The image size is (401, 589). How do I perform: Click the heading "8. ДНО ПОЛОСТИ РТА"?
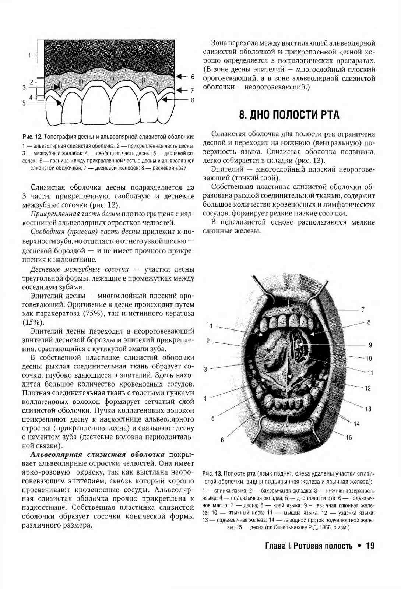tap(289, 115)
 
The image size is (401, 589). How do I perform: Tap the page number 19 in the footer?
tap(370, 546)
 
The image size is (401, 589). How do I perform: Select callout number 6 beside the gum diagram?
tap(192, 77)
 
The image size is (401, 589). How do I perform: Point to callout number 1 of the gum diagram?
tap(29, 56)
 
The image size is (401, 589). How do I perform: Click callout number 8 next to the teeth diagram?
tap(192, 100)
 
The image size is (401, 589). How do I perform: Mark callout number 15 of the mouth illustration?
tap(348, 438)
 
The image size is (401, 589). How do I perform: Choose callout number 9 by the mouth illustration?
tap(370, 345)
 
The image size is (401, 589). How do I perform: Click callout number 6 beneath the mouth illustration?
tap(222, 440)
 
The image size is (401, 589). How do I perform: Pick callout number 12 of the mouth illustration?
tap(367, 388)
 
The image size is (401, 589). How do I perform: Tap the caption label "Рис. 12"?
tap(32, 137)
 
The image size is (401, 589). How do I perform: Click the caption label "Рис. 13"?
tap(212, 473)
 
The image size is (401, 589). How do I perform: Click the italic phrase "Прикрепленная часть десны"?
tap(75, 214)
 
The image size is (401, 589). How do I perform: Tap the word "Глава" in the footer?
tap(275, 546)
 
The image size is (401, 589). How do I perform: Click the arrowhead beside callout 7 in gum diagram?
tap(179, 90)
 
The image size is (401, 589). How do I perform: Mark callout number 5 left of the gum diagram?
tap(24, 103)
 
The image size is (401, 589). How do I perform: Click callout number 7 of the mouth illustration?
tap(363, 310)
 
